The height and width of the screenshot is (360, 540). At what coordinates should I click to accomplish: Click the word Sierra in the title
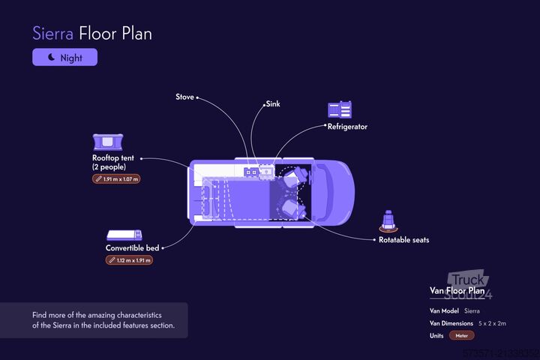(53, 34)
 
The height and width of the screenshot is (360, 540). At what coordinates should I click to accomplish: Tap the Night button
(64, 57)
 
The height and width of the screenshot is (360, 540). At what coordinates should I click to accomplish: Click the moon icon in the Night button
(51, 57)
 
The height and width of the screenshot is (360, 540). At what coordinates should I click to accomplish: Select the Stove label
(184, 97)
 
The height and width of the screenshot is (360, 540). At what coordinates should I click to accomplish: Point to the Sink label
(272, 104)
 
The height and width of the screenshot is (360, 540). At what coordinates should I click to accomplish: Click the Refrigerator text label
(347, 127)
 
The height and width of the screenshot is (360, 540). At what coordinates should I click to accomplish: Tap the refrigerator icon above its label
(340, 109)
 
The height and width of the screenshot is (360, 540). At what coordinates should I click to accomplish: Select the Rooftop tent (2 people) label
(115, 162)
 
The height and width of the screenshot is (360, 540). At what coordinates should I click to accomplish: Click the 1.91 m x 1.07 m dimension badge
(116, 179)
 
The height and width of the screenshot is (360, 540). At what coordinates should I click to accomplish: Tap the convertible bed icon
(124, 235)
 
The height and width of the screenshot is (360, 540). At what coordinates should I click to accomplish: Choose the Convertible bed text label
(132, 247)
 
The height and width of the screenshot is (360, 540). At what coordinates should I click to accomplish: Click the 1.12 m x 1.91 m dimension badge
(129, 260)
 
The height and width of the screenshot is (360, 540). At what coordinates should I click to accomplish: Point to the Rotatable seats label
(403, 240)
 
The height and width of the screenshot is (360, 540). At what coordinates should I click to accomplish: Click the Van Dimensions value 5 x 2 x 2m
(493, 322)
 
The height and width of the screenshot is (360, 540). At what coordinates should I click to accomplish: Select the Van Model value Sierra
(472, 310)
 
